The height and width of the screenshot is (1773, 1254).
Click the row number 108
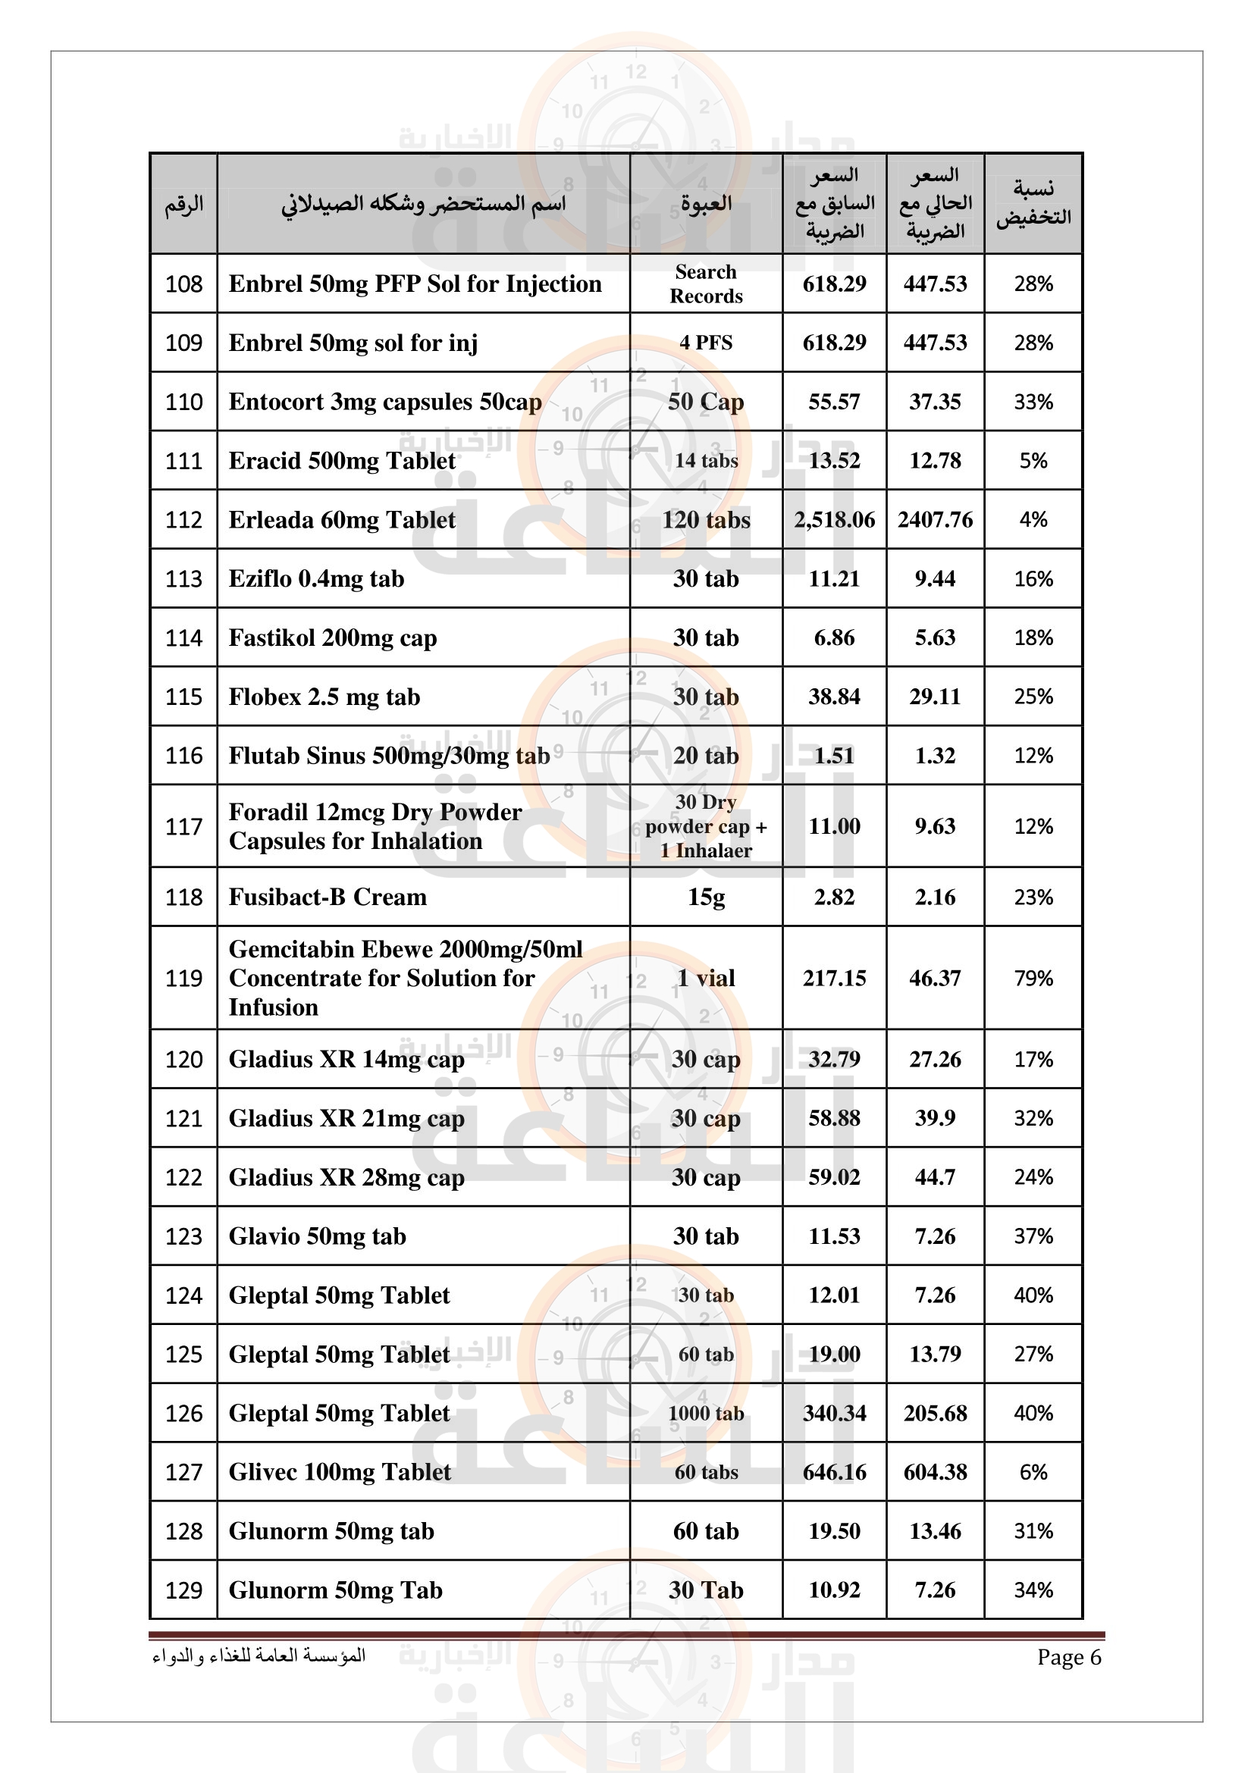pyautogui.click(x=183, y=284)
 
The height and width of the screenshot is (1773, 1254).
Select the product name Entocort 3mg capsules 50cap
pyautogui.click(x=384, y=403)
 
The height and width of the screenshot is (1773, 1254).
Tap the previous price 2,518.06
pyautogui.click(x=834, y=520)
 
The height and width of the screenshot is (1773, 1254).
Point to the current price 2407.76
pyautogui.click(x=934, y=520)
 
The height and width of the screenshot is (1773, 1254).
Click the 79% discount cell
pyautogui.click(x=1033, y=979)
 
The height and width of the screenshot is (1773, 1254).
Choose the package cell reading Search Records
pyautogui.click(x=706, y=284)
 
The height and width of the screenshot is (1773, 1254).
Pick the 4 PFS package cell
pyautogui.click(x=706, y=343)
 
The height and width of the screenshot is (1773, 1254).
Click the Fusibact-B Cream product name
pyautogui.click(x=328, y=897)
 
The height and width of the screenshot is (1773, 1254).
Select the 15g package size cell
pyautogui.click(x=706, y=897)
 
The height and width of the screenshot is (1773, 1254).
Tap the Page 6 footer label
pyautogui.click(x=1069, y=1657)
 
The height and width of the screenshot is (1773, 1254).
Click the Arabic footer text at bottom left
pyautogui.click(x=259, y=1656)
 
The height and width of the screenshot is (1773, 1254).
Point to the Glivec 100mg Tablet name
pyautogui.click(x=340, y=1472)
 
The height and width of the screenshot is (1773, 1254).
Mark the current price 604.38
pyautogui.click(x=934, y=1472)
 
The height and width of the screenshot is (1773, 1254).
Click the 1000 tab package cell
pyautogui.click(x=706, y=1413)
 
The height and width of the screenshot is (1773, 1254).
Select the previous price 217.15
pyautogui.click(x=834, y=979)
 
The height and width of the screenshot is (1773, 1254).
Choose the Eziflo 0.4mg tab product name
pyautogui.click(x=316, y=579)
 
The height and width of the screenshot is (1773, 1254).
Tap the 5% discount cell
pyautogui.click(x=1033, y=461)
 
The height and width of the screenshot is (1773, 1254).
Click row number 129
pyautogui.click(x=183, y=1590)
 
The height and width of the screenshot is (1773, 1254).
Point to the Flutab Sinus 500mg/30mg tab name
pyautogui.click(x=389, y=756)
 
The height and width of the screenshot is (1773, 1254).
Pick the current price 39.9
pyautogui.click(x=934, y=1118)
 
